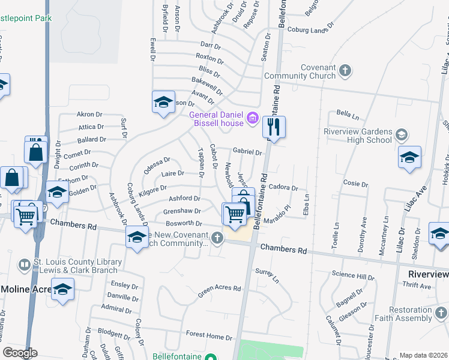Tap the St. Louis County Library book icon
24,265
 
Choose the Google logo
20,353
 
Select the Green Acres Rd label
220,289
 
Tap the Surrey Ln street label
267,275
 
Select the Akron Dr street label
90,114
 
